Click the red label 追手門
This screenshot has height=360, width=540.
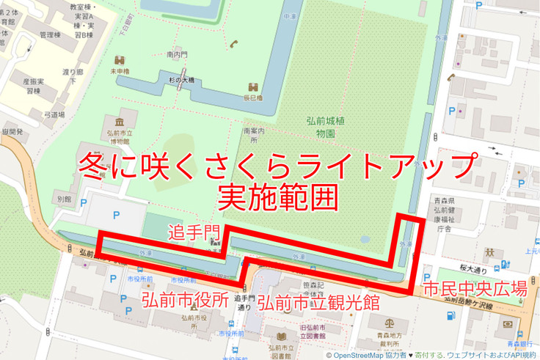(x=194, y=233)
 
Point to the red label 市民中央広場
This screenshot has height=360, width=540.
(x=474, y=287)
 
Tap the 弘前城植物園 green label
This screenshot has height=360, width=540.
(x=321, y=128)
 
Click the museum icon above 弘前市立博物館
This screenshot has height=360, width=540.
(x=119, y=120)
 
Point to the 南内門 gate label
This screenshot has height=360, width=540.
(x=178, y=54)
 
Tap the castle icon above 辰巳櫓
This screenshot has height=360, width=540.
(x=252, y=86)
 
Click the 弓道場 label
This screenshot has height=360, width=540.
(x=54, y=114)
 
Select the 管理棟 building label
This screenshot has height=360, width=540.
(x=50, y=34)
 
